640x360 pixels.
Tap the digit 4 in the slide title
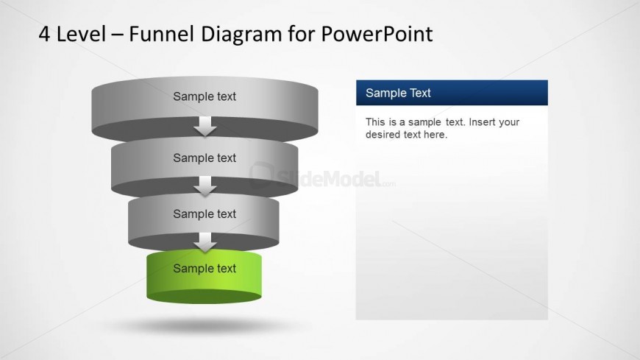(43, 34)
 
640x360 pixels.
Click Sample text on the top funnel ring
(205, 96)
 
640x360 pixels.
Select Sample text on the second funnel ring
(205, 158)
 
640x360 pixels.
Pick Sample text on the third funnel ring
(205, 214)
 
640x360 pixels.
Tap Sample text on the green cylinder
(205, 269)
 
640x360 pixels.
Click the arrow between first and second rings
(205, 127)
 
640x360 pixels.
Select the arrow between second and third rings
(205, 187)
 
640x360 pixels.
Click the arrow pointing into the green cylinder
(205, 243)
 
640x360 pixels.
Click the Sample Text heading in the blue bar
(398, 93)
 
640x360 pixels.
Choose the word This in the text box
(375, 122)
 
